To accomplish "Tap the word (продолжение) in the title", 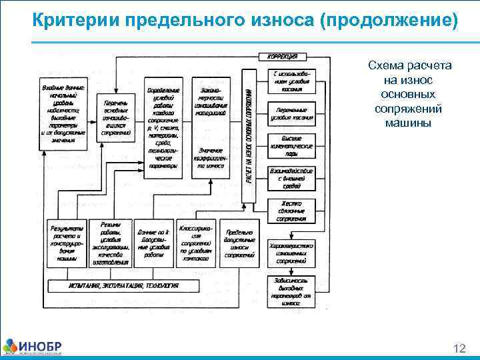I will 389,22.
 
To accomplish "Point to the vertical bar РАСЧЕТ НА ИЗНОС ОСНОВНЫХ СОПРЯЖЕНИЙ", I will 248,136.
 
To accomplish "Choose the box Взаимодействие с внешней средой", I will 291,179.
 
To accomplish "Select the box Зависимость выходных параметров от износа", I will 291,291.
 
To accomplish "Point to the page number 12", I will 459,348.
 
